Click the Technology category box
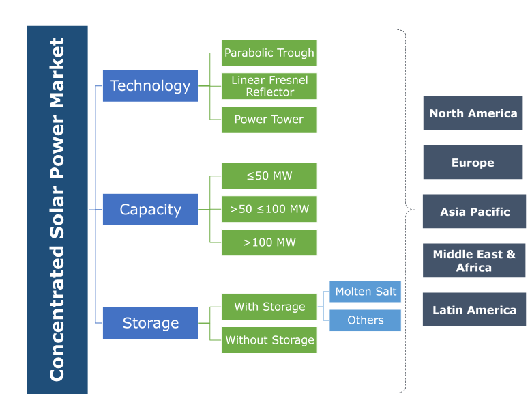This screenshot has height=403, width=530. click(x=150, y=86)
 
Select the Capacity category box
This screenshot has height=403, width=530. click(x=150, y=210)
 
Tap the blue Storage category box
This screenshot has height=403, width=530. click(x=150, y=323)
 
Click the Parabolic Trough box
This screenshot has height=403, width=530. click(x=269, y=53)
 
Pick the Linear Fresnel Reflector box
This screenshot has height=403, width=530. click(x=269, y=86)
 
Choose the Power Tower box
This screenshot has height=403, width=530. click(x=269, y=120)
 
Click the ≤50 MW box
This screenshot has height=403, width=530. click(x=269, y=176)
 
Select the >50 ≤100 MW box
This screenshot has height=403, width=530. click(x=269, y=209)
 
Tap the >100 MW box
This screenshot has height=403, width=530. click(x=269, y=242)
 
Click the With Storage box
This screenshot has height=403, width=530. click(x=269, y=307)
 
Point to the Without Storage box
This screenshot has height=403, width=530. click(x=269, y=340)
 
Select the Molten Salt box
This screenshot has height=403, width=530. click(x=366, y=292)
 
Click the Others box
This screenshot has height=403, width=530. click(x=366, y=320)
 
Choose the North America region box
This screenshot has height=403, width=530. click(x=473, y=113)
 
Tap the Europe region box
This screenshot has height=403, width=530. click(x=473, y=163)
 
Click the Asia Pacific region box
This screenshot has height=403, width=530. click(x=474, y=212)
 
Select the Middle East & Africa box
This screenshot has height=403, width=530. click(x=474, y=261)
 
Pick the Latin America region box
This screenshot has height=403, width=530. click(x=474, y=310)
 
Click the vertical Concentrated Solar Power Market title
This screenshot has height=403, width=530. click(x=57, y=210)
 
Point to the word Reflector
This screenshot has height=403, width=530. click(x=269, y=92)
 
